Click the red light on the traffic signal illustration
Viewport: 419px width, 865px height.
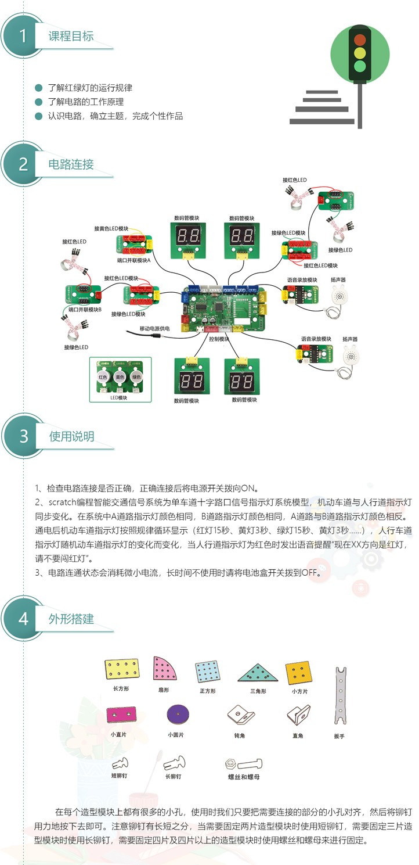pyautogui.click(x=360, y=40)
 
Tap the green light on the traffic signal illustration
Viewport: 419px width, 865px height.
pyautogui.click(x=360, y=65)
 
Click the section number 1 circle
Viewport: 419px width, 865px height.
pyautogui.click(x=23, y=36)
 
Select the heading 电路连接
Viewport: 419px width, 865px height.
pyautogui.click(x=71, y=164)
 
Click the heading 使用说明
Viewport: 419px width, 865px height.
pyautogui.click(x=71, y=436)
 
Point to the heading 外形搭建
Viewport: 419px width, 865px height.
pyautogui.click(x=71, y=619)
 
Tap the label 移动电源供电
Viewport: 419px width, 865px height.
pyautogui.click(x=155, y=329)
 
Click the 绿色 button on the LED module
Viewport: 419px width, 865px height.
pyautogui.click(x=138, y=377)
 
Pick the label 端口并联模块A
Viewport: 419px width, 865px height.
pyautogui.click(x=133, y=261)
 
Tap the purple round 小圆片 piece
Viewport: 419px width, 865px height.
pyautogui.click(x=176, y=715)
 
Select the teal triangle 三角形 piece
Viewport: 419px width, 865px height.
pyautogui.click(x=258, y=673)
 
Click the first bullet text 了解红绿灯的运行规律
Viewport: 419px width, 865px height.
pyautogui.click(x=90, y=88)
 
